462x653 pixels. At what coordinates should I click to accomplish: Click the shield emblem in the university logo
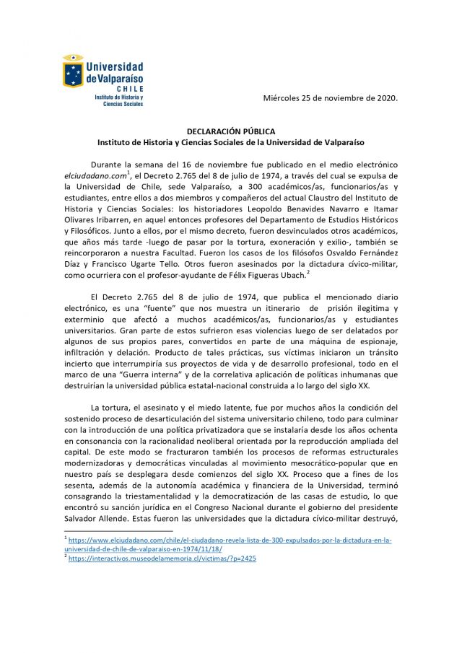point(73,71)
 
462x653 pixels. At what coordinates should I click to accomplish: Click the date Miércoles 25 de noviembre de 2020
point(331,97)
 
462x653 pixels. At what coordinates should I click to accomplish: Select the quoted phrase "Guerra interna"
point(162,372)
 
